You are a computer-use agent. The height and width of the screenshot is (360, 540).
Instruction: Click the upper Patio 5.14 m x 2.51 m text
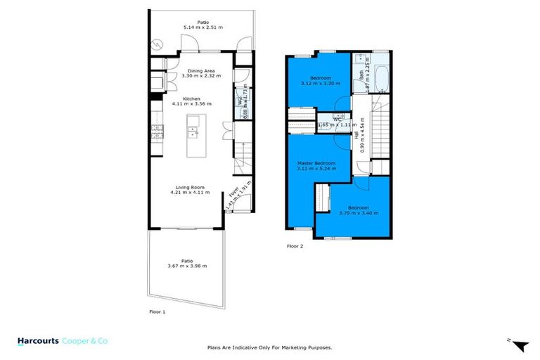point(202,27)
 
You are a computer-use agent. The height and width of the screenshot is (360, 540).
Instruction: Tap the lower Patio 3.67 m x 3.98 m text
point(186,265)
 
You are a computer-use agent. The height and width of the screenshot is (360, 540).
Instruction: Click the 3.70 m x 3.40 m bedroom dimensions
point(359,214)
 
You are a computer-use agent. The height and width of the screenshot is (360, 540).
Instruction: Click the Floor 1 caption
point(157,310)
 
